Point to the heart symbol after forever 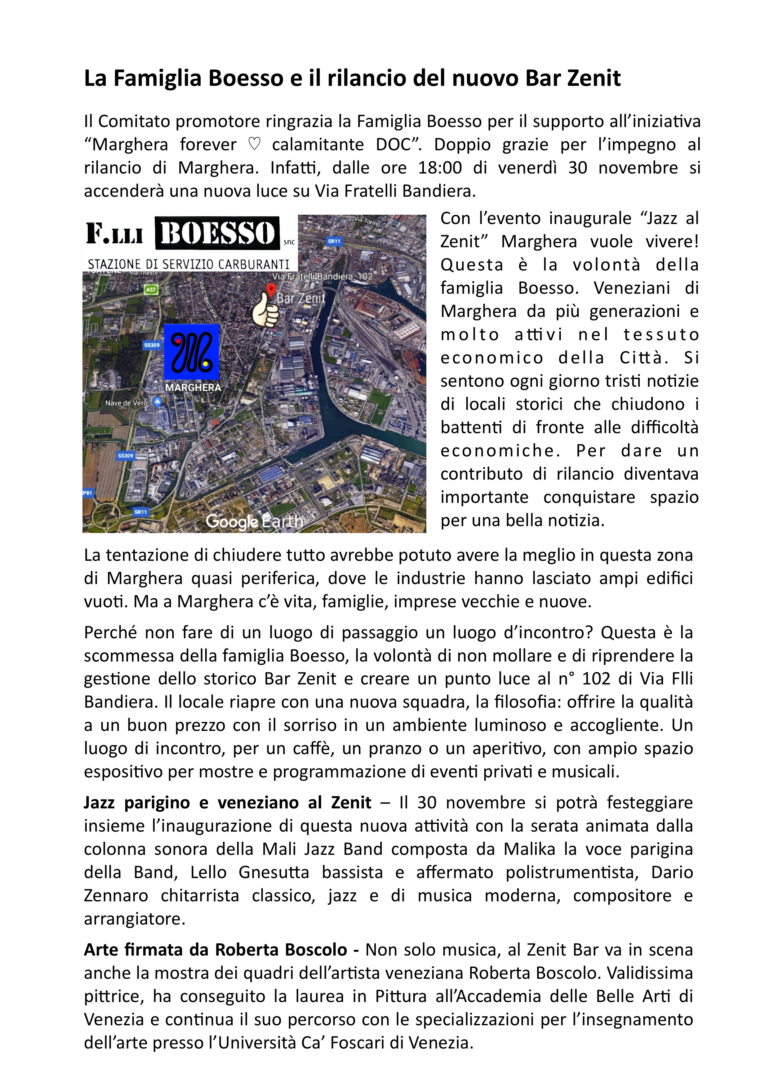pyautogui.click(x=254, y=145)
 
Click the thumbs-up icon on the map pyautogui.click(x=265, y=310)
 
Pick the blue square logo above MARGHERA pyautogui.click(x=192, y=352)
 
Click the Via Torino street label pyautogui.click(x=367, y=221)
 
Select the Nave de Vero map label pyautogui.click(x=127, y=403)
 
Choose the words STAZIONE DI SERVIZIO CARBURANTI pyautogui.click(x=189, y=264)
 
